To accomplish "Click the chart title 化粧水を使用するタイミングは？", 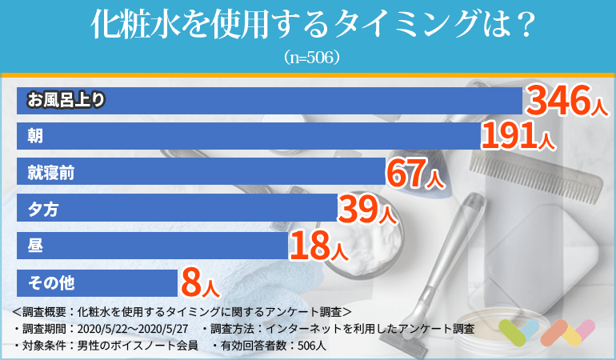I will (308, 24).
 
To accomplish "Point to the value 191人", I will (518, 137).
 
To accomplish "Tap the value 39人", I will (367, 209).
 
